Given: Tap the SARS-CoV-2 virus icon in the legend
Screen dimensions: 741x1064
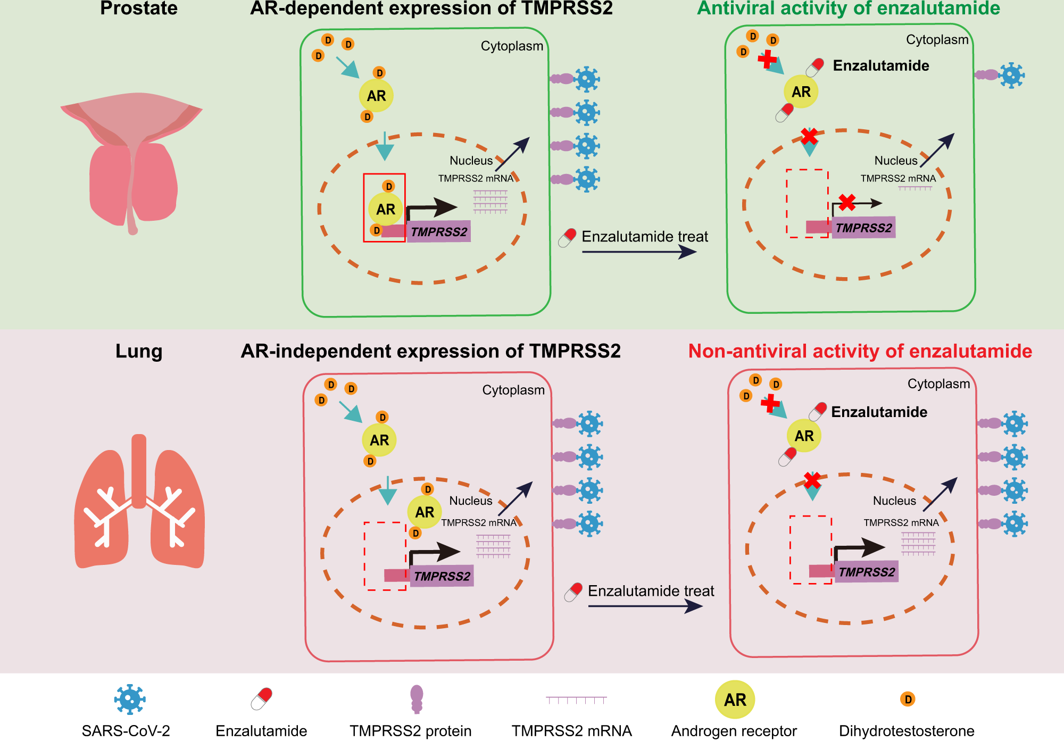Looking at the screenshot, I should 130,699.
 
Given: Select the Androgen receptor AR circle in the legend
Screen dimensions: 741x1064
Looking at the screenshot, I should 735,700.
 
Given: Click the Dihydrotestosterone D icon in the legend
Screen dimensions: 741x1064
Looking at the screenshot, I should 908,699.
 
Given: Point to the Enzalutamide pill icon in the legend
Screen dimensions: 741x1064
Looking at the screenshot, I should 261,698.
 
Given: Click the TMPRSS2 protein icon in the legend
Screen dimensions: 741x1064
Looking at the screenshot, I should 417,698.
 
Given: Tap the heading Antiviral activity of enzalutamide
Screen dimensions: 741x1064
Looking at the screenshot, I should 849,9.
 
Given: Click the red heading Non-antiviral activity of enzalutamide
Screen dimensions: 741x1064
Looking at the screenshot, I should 860,351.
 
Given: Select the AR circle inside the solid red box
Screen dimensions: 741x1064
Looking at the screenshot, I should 385,209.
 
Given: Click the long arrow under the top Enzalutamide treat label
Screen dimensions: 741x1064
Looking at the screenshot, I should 638,252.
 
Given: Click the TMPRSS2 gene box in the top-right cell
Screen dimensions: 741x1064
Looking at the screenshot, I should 863,228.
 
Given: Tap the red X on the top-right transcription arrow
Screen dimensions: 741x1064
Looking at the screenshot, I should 846,202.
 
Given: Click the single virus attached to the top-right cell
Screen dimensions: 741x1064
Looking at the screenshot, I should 1011,75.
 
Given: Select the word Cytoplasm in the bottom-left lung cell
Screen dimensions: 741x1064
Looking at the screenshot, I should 513,390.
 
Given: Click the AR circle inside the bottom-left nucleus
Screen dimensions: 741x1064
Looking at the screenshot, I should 424,512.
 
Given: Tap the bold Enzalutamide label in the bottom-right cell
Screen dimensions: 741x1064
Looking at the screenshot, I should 879,412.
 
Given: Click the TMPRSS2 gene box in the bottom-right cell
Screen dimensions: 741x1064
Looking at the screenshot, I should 866,572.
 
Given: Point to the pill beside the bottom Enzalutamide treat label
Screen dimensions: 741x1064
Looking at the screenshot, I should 573,592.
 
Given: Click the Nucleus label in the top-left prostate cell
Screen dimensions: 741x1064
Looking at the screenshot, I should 471,161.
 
